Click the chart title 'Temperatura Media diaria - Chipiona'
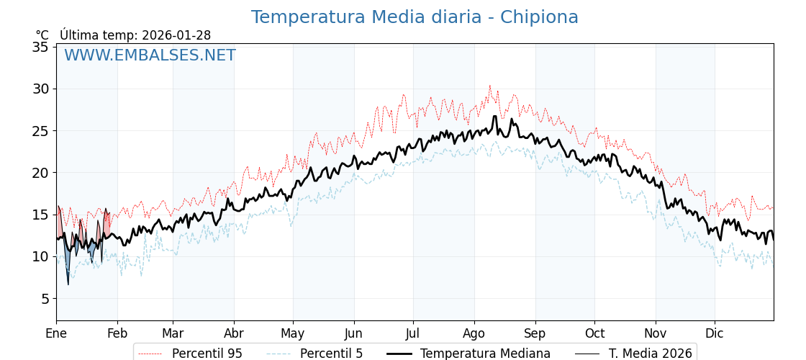(x=415, y=17)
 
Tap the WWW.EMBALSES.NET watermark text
(x=150, y=55)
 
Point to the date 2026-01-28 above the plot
(x=176, y=35)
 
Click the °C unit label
(x=42, y=35)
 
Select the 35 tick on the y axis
(x=40, y=47)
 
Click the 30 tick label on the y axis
(x=40, y=89)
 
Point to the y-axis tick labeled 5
(x=44, y=298)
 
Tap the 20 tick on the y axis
(x=40, y=173)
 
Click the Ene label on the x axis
(x=56, y=333)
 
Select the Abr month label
(x=234, y=333)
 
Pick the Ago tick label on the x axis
(x=474, y=333)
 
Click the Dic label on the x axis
(x=715, y=333)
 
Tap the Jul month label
(x=413, y=333)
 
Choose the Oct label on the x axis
(x=594, y=333)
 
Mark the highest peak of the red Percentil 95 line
(x=489, y=86)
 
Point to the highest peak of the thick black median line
(x=495, y=116)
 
